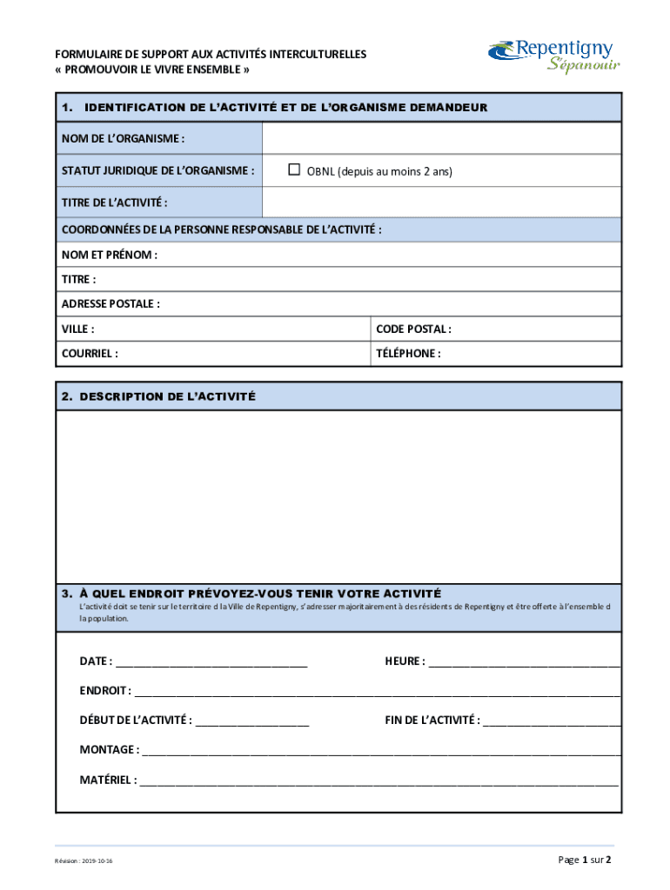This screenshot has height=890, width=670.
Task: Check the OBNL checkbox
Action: click(x=294, y=169)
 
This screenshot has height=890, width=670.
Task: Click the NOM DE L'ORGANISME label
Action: click(x=123, y=138)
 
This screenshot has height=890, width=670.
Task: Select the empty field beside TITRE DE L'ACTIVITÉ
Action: click(x=441, y=203)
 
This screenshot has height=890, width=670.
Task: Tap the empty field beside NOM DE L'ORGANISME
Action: click(x=441, y=138)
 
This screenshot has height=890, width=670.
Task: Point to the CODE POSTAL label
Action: click(x=413, y=329)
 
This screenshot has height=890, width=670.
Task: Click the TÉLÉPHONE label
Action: click(x=408, y=354)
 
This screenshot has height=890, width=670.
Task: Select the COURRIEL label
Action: click(x=90, y=354)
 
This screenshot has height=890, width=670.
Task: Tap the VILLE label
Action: click(x=77, y=329)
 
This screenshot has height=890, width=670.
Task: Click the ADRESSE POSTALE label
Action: click(x=111, y=304)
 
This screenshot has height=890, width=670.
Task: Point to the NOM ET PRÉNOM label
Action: click(x=109, y=256)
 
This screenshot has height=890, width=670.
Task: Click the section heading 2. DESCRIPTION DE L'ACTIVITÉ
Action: click(x=158, y=396)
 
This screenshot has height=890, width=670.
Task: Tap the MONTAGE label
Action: click(x=109, y=749)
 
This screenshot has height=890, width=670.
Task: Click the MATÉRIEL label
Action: click(x=108, y=780)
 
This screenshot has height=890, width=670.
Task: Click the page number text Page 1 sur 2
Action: click(x=585, y=860)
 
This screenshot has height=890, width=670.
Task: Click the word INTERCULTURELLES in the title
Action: click(x=318, y=55)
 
